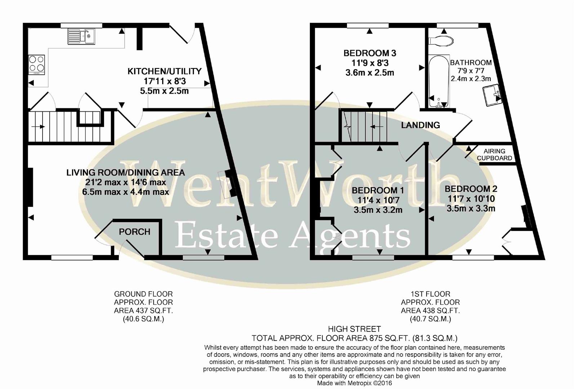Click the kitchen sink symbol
[81, 37]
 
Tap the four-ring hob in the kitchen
[36, 64]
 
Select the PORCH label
[134, 232]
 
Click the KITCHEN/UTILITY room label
[164, 71]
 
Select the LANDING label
[421, 125]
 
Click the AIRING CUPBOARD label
[494, 155]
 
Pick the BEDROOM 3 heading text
[370, 53]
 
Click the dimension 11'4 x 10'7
[378, 200]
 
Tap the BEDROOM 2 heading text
[471, 189]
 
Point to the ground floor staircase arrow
[38, 126]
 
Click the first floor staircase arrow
[377, 127]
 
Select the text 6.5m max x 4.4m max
[125, 192]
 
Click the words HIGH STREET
[354, 329]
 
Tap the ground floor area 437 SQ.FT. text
[143, 310]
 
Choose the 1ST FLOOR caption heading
[430, 294]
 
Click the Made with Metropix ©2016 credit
[354, 383]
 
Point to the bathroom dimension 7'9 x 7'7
[471, 71]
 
